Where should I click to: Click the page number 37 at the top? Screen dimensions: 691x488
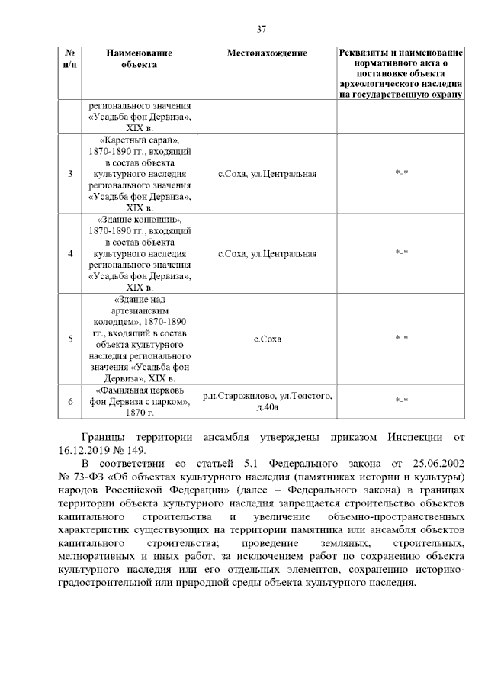[x=261, y=29]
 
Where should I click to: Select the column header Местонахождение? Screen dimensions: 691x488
[x=267, y=53]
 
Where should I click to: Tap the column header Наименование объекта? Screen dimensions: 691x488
[x=139, y=59]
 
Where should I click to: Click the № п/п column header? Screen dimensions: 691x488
[x=69, y=59]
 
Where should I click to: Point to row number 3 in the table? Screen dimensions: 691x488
[x=69, y=174]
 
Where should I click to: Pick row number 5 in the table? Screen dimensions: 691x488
[x=69, y=339]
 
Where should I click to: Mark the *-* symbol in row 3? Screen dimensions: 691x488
[x=401, y=174]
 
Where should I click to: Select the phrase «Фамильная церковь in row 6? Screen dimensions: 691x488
[x=139, y=390]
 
